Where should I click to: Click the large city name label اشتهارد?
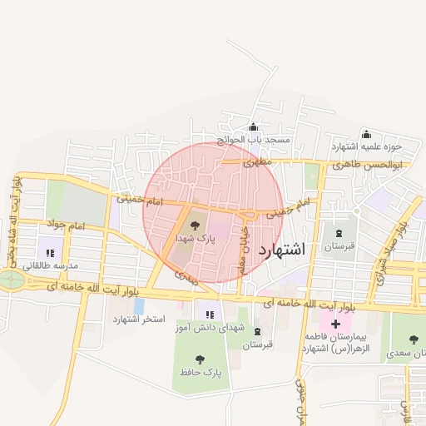[x=282, y=250]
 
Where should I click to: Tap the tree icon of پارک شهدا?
[x=196, y=225]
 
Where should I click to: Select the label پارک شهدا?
[x=196, y=238]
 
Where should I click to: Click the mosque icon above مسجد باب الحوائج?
[x=254, y=127]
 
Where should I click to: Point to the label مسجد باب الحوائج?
[x=254, y=140]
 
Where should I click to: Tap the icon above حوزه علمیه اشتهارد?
[x=366, y=134]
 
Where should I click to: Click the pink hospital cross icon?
[x=335, y=323]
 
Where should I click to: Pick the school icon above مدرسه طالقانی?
[x=49, y=252]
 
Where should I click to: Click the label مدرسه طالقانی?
[x=49, y=265]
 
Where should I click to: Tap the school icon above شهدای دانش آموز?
[x=210, y=315]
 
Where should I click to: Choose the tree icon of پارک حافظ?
[x=201, y=359]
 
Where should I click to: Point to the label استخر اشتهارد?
[x=139, y=319]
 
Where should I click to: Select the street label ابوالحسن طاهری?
[x=367, y=165]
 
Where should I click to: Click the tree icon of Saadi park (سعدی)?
[x=414, y=339]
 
